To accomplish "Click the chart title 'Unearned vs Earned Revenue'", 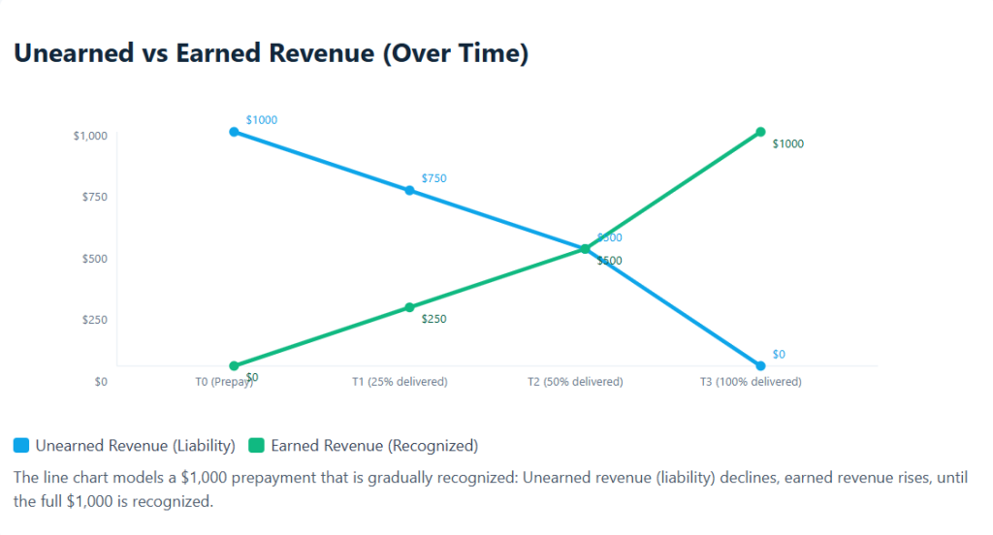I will (271, 53).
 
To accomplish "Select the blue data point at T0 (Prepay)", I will (234, 132).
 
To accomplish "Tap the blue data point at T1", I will (409, 190).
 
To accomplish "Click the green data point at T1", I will (409, 307).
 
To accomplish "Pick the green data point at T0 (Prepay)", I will (234, 365).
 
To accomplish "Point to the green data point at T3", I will (760, 132).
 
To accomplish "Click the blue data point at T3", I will (760, 365).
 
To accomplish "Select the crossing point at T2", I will (585, 249).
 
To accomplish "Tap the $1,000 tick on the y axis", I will (90, 136).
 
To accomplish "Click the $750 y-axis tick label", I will (93, 197).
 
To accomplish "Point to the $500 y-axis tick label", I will (93, 259).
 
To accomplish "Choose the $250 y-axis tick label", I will (93, 320).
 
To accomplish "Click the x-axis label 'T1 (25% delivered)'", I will (400, 382).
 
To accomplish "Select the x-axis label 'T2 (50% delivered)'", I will (575, 382).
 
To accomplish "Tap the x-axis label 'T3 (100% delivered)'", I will (751, 382).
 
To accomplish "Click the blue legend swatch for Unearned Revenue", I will (21, 446).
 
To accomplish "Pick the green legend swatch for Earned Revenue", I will (257, 446).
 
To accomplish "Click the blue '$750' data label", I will (433, 178).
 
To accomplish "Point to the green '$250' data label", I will (433, 319).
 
